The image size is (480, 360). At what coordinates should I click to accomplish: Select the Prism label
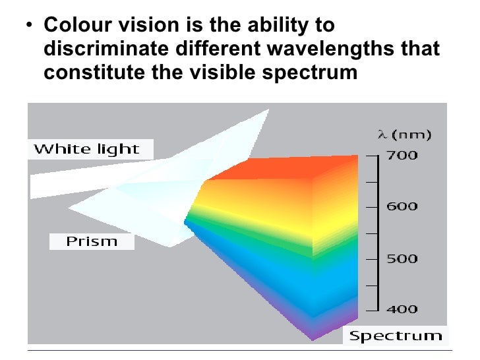[x=91, y=241]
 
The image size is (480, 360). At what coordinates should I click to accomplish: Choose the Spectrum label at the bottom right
[x=395, y=336]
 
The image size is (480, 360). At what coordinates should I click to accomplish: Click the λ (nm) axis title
[x=404, y=135]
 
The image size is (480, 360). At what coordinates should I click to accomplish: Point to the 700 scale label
[x=402, y=156]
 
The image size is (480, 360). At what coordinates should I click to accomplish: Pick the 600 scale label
[x=402, y=206]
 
